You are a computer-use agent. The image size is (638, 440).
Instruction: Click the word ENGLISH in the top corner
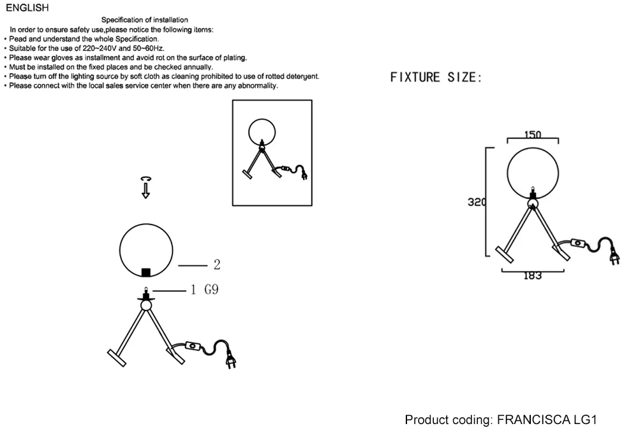[x=27, y=8]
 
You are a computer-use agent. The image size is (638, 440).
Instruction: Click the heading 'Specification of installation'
[x=144, y=20]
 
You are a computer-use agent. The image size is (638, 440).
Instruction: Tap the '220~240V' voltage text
[x=100, y=48]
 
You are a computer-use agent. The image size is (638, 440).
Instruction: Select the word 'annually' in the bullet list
[x=198, y=67]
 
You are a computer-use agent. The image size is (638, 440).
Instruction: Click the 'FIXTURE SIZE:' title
[x=436, y=77]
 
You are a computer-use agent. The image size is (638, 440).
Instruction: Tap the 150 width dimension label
[x=533, y=135]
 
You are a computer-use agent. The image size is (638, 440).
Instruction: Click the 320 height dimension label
[x=477, y=202]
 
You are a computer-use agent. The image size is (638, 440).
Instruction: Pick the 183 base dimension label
[x=533, y=275]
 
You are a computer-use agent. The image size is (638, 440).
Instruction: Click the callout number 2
[x=217, y=265]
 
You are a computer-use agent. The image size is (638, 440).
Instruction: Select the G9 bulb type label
[x=211, y=290]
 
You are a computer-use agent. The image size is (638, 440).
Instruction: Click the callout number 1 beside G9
[x=193, y=290]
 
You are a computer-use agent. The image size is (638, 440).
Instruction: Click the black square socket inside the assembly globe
[x=145, y=272]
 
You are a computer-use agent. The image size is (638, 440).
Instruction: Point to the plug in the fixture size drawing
[x=614, y=257]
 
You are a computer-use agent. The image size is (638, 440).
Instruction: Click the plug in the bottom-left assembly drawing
[x=231, y=360]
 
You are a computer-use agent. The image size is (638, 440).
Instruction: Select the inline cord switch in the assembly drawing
[x=193, y=346]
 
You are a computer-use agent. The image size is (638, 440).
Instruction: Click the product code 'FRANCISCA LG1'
[x=547, y=420]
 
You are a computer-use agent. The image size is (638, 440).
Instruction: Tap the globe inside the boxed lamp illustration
[x=262, y=119]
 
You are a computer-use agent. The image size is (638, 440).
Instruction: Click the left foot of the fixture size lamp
[x=505, y=254]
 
